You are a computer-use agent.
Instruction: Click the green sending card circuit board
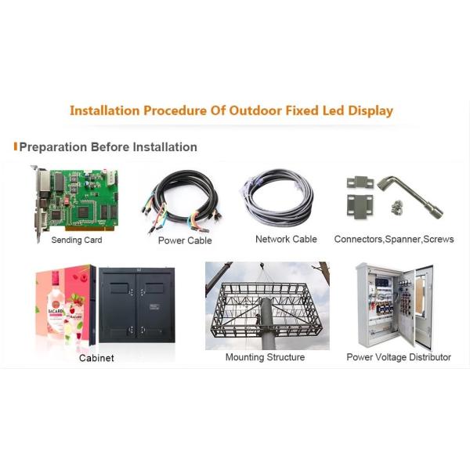(74, 200)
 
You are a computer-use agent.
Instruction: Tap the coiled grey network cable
(278, 200)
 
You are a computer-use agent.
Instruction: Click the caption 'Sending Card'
(77, 240)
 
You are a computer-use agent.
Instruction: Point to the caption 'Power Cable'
(185, 240)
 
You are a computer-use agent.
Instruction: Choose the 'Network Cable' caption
(286, 239)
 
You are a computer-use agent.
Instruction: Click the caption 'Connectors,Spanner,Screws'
(394, 239)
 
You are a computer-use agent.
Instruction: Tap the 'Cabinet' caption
(96, 358)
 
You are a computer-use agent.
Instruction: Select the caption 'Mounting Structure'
(265, 357)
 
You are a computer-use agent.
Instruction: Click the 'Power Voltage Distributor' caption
(399, 357)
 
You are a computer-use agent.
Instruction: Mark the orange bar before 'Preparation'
(16, 146)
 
